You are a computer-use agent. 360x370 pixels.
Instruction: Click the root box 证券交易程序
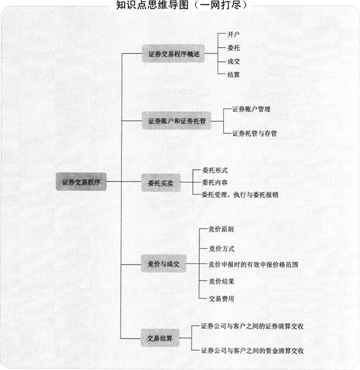(81, 181)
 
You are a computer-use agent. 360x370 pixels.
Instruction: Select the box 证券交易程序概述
(173, 53)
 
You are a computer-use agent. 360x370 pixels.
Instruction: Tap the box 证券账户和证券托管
(176, 121)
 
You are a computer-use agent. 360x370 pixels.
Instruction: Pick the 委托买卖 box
(161, 183)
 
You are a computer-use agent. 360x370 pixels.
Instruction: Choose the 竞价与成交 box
(163, 263)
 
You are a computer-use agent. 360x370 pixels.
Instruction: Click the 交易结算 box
(160, 338)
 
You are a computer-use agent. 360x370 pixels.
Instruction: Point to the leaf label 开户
(234, 34)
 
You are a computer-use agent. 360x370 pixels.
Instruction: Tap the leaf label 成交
(234, 61)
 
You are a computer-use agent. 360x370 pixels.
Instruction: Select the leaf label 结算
(234, 75)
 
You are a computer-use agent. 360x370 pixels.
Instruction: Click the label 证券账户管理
(251, 109)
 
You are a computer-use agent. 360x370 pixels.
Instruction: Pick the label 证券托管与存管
(255, 133)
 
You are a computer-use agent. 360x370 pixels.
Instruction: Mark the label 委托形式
(214, 170)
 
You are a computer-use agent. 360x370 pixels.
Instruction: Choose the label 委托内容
(214, 182)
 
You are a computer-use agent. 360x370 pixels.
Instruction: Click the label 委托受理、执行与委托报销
(240, 194)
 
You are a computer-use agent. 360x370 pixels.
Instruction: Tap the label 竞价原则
(221, 229)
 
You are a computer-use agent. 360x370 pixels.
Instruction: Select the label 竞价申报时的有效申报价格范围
(253, 264)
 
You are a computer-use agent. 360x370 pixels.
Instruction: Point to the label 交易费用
(221, 298)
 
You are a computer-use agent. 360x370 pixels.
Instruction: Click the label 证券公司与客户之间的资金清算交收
(253, 350)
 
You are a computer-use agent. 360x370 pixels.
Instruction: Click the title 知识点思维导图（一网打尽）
(182, 5)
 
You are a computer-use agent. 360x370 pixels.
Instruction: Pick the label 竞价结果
(221, 281)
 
